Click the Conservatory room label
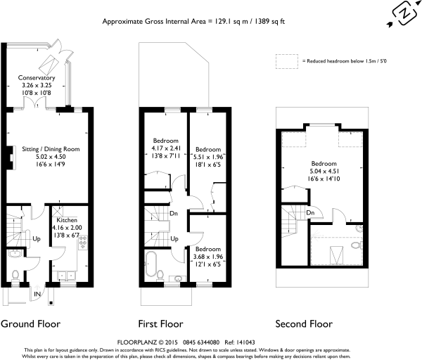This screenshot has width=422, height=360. click(x=37, y=78)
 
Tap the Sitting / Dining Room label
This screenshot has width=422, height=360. click(x=51, y=149)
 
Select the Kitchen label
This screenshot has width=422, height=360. click(x=67, y=220)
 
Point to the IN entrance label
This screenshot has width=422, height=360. click(x=37, y=294)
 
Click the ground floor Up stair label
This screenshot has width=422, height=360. click(x=37, y=238)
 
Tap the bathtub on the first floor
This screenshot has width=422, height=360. click(x=151, y=264)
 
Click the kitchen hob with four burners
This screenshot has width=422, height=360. click(x=83, y=242)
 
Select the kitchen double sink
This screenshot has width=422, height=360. click(x=66, y=276)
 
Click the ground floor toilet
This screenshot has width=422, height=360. click(x=15, y=276)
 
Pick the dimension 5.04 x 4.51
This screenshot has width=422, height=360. click(x=324, y=171)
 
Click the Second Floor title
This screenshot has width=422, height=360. click(x=304, y=324)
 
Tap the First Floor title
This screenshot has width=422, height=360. click(x=160, y=324)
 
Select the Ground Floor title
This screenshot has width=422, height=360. click(x=30, y=324)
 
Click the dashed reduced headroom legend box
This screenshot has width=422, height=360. click(x=287, y=61)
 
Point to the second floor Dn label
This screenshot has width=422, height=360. click(x=310, y=212)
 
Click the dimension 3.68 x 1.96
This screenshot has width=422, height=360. click(x=208, y=257)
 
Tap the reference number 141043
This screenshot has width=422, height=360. click(x=245, y=342)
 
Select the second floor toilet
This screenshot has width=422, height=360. click(x=357, y=245)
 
